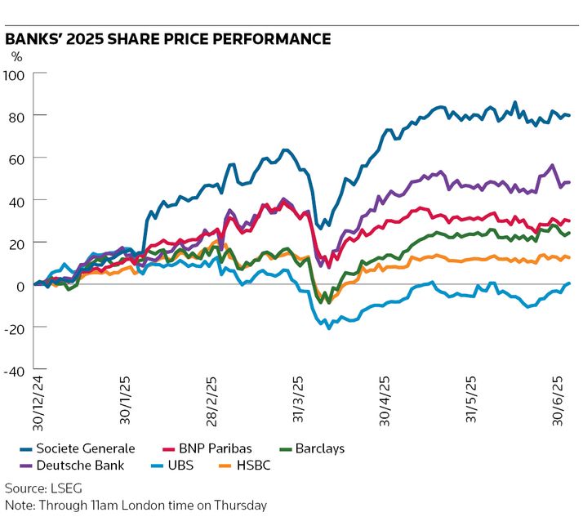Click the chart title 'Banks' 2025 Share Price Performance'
point(167,38)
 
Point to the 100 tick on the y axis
point(16,74)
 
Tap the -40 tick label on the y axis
point(16,370)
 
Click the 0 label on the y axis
point(22,285)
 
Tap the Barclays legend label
point(319,448)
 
